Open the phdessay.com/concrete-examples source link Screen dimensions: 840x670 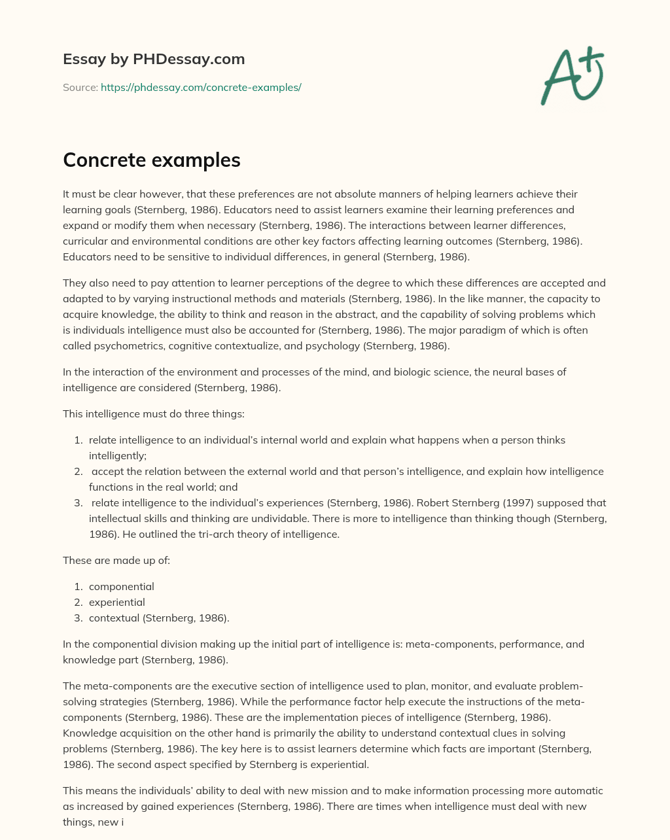201,87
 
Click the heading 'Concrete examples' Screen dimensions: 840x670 151,160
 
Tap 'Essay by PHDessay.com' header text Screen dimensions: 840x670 154,60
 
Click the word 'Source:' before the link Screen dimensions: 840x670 80,87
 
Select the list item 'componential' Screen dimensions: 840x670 121,586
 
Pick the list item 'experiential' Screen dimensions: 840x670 116,602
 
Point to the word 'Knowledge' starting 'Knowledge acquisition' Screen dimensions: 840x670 87,733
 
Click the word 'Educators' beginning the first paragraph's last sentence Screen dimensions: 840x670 87,256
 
